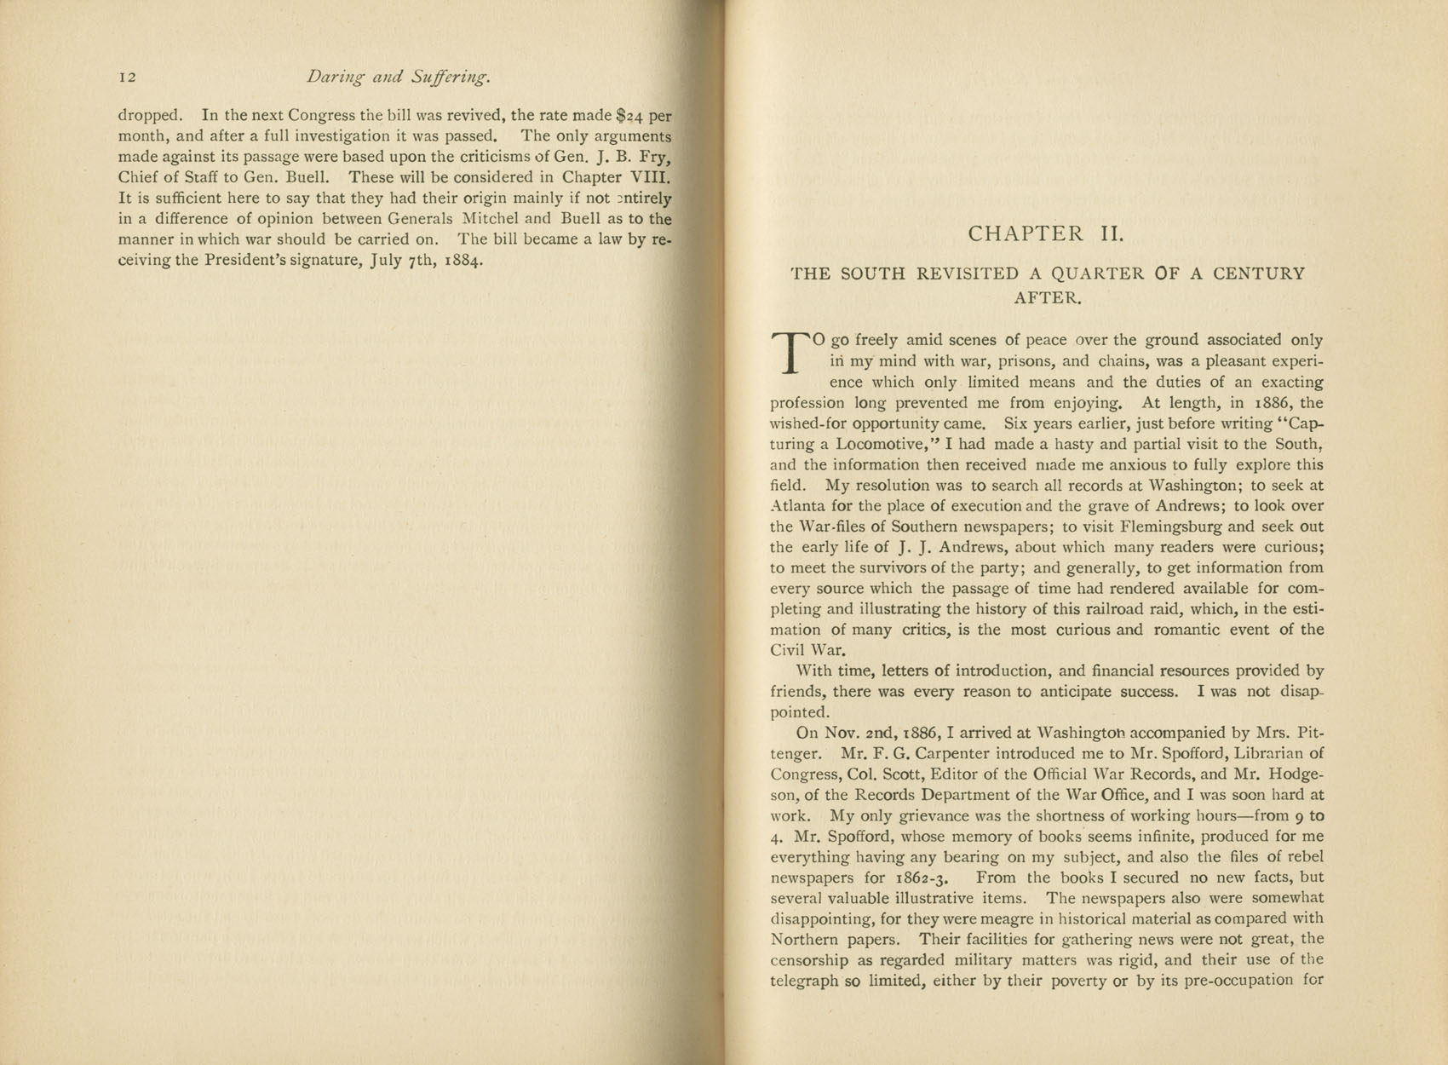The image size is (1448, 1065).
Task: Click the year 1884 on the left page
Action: pyautogui.click(x=464, y=261)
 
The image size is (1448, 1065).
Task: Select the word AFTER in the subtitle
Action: pyautogui.click(x=1047, y=299)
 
